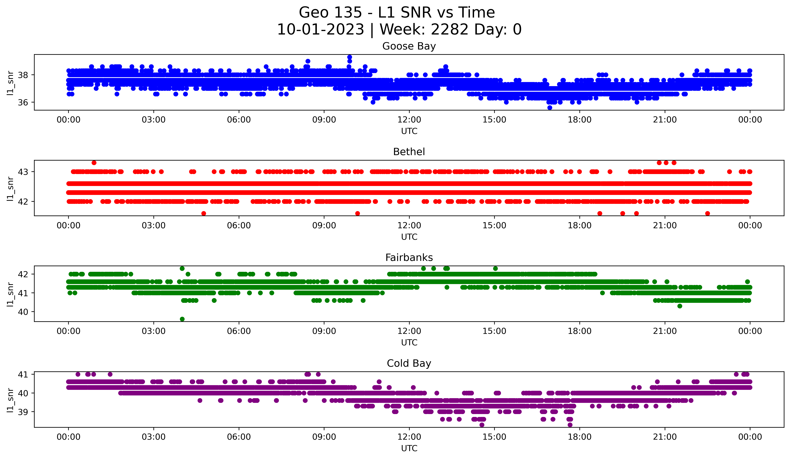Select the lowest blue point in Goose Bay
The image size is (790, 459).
pos(549,108)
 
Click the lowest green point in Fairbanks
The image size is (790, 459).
pos(182,319)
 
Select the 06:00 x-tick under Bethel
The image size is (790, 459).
pos(239,226)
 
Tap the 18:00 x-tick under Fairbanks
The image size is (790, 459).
pos(580,331)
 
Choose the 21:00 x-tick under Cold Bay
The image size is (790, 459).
pos(665,437)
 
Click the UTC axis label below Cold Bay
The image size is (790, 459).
pos(409,448)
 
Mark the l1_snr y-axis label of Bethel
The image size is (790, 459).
pos(10,188)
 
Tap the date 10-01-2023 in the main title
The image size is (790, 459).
pos(320,30)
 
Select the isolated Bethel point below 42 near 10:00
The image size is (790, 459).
pos(357,213)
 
